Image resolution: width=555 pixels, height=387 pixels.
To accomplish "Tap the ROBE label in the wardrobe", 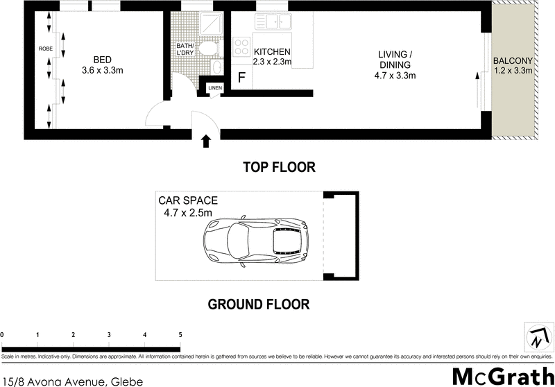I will pyautogui.click(x=46, y=49).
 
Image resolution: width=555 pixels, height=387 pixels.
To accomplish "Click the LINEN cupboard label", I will pyautogui.click(x=214, y=88).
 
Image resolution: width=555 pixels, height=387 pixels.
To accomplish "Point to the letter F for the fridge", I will pyautogui.click(x=241, y=77).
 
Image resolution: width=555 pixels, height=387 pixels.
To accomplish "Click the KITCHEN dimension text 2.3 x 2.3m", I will pyautogui.click(x=272, y=62).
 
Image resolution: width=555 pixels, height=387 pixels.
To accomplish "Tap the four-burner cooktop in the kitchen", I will pyautogui.click(x=241, y=47).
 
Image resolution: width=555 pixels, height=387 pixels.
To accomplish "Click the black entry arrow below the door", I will pyautogui.click(x=206, y=141).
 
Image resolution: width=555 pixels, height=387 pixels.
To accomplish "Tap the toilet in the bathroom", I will pyautogui.click(x=207, y=48).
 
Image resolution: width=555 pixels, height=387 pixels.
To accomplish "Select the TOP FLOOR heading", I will pyautogui.click(x=279, y=167).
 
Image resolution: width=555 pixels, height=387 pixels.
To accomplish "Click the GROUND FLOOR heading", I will pyautogui.click(x=259, y=304).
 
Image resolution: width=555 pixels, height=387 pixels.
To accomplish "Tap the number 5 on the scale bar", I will pyautogui.click(x=180, y=336).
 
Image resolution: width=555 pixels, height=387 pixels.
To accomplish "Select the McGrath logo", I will pyautogui.click(x=499, y=375).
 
